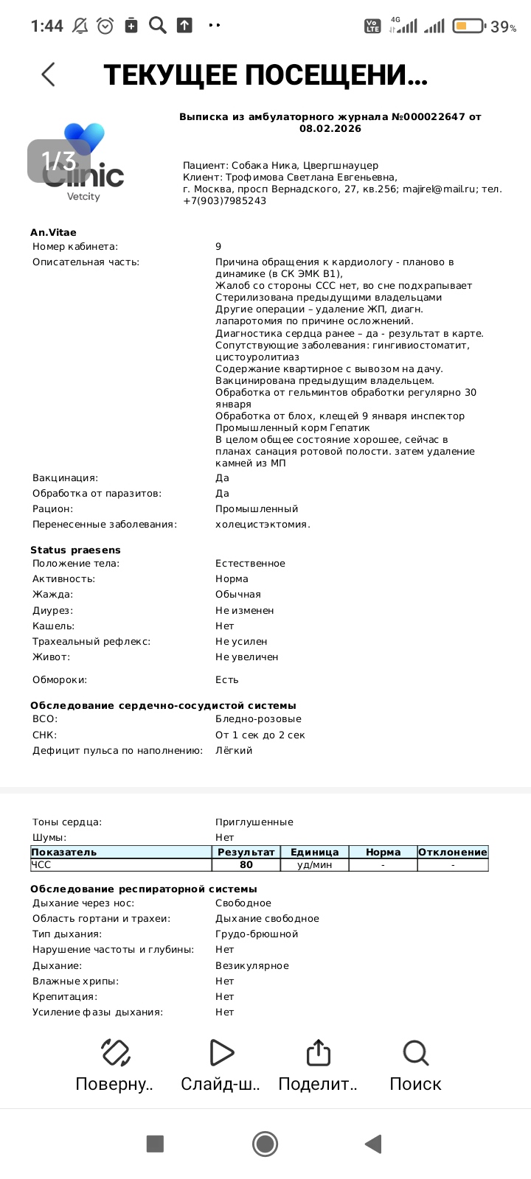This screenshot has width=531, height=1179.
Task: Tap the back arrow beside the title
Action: click(49, 74)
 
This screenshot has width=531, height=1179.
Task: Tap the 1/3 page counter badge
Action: click(58, 161)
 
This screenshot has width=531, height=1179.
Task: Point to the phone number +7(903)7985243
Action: click(224, 200)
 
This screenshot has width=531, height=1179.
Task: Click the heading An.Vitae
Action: click(53, 232)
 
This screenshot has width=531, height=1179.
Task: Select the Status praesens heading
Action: click(75, 550)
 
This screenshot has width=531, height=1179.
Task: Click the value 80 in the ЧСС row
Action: click(246, 865)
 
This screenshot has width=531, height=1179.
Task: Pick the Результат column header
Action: click(246, 852)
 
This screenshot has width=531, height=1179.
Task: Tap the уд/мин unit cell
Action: click(315, 865)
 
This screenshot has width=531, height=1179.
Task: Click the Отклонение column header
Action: click(452, 852)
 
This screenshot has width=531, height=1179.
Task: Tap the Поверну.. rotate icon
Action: click(115, 1052)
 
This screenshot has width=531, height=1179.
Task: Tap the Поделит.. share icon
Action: click(318, 1052)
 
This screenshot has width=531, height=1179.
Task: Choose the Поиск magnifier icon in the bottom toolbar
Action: click(415, 1052)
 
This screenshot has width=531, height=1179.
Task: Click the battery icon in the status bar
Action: click(468, 27)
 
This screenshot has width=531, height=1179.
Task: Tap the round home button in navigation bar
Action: click(265, 1143)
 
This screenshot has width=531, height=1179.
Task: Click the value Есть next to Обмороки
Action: click(227, 679)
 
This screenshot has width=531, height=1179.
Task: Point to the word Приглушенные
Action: click(254, 822)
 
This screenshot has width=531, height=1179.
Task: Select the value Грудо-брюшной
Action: click(257, 934)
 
